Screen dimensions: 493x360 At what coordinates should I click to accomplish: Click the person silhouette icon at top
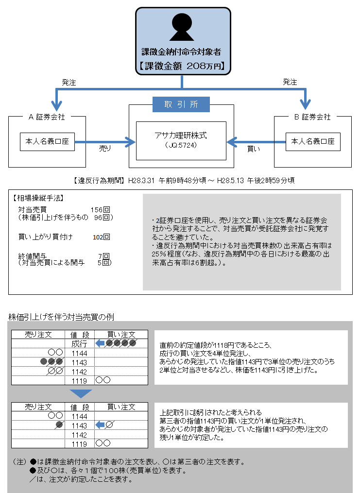click(182, 27)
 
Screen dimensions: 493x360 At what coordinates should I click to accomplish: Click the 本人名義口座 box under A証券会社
click(47, 142)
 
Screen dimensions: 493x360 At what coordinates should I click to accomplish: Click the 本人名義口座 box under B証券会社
click(312, 142)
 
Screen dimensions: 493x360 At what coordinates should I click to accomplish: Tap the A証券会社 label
click(47, 117)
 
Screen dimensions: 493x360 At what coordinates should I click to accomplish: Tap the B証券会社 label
click(312, 117)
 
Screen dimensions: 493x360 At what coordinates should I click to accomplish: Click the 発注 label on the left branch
click(69, 83)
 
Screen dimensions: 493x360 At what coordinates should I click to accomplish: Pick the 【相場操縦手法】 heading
click(38, 198)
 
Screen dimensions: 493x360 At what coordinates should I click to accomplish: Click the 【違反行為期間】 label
click(100, 180)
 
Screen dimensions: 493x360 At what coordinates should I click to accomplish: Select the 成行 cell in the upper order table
click(79, 344)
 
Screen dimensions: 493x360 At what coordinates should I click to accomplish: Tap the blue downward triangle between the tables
click(81, 393)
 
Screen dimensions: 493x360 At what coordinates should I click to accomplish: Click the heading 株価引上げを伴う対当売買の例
click(61, 317)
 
